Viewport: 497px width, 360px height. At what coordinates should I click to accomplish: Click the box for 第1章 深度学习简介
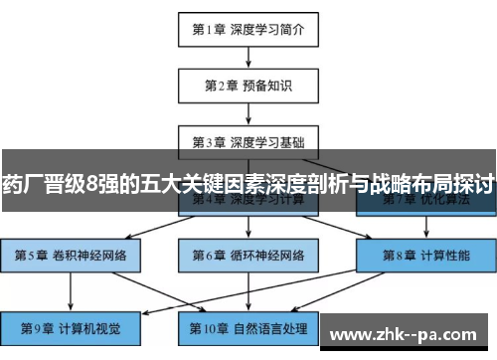tap(248, 29)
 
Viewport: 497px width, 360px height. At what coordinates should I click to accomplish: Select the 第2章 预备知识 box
tap(248, 85)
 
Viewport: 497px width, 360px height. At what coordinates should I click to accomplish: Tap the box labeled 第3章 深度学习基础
tap(248, 140)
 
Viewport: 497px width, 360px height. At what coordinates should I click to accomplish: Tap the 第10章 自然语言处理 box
tap(248, 326)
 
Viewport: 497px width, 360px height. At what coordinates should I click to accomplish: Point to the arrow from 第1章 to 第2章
tap(248, 57)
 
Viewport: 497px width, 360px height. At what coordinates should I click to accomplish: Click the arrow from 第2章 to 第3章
tap(248, 112)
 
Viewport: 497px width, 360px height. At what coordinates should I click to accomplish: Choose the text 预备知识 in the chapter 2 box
tap(266, 85)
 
